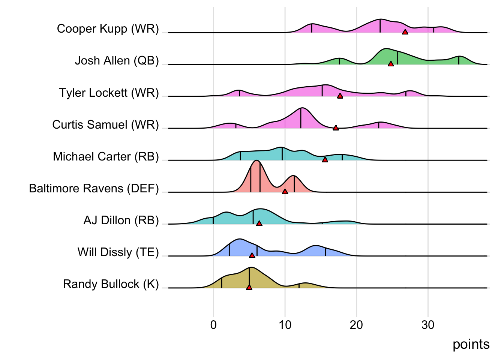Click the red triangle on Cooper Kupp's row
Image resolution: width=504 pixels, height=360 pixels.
tap(405, 32)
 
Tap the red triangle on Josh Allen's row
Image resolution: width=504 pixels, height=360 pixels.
tap(391, 64)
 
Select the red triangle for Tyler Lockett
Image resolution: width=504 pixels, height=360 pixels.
tap(340, 96)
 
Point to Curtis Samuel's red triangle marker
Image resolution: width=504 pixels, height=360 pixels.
tap(336, 128)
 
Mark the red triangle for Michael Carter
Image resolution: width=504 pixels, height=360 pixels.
tap(325, 160)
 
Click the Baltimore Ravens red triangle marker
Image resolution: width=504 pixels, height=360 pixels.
tap(285, 192)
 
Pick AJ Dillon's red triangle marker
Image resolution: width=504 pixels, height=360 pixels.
tap(259, 223)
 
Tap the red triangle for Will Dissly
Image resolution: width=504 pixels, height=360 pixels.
tap(252, 255)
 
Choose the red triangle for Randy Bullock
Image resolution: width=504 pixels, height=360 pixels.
tap(249, 287)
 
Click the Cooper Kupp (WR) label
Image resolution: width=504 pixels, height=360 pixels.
tap(108, 28)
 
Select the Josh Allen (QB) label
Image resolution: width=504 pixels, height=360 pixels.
tap(117, 60)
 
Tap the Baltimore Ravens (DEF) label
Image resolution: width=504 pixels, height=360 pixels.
tap(94, 188)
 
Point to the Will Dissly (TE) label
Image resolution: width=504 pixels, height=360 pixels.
tap(118, 252)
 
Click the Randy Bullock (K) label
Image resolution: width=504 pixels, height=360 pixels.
tap(111, 284)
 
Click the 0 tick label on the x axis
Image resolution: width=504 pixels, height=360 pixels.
tap(213, 325)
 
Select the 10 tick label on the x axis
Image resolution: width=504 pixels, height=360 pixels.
tap(285, 325)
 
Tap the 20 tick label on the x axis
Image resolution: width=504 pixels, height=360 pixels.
tap(356, 325)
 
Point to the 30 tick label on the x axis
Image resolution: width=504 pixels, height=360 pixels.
tap(428, 325)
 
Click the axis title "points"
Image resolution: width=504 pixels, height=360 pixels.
tap(471, 344)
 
